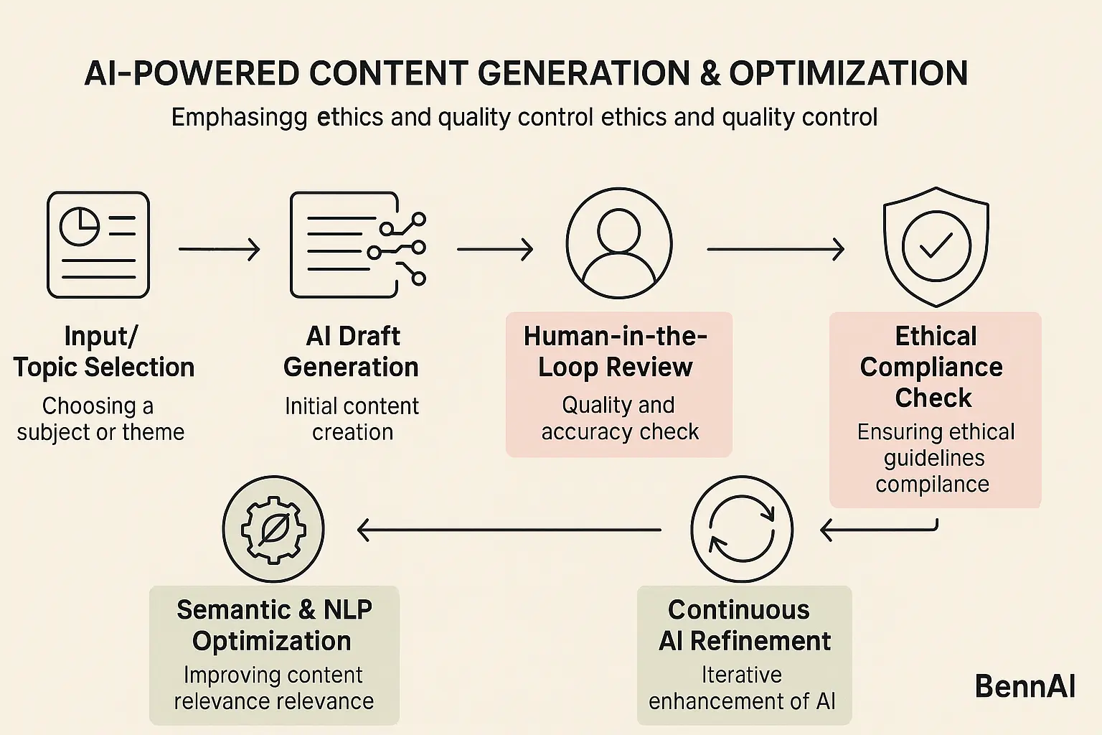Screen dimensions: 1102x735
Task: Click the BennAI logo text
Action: [1025, 687]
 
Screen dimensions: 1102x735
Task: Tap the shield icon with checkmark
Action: [936, 246]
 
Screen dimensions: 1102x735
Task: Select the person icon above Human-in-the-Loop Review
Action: [618, 243]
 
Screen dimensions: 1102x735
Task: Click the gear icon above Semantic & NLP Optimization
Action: [273, 529]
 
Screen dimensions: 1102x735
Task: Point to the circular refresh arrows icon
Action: [742, 529]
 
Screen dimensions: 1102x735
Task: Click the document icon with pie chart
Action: [98, 245]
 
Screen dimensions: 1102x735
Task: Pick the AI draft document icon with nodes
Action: [357, 245]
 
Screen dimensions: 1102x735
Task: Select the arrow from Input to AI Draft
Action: [219, 250]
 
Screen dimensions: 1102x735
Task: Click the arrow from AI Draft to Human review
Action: [495, 250]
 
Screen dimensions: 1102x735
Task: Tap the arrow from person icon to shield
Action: [775, 250]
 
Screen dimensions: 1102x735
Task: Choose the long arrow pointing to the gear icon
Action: [509, 530]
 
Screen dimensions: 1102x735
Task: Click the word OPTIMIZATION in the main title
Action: [848, 73]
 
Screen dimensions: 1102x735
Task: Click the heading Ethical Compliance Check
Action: [933, 367]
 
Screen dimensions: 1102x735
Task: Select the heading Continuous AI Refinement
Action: [743, 625]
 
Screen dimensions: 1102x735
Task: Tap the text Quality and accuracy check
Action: [619, 418]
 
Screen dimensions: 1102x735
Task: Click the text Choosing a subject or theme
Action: [100, 419]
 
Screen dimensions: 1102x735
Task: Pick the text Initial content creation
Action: [352, 419]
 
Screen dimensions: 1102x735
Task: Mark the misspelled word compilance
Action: [932, 484]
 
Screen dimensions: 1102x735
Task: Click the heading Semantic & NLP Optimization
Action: [273, 625]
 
